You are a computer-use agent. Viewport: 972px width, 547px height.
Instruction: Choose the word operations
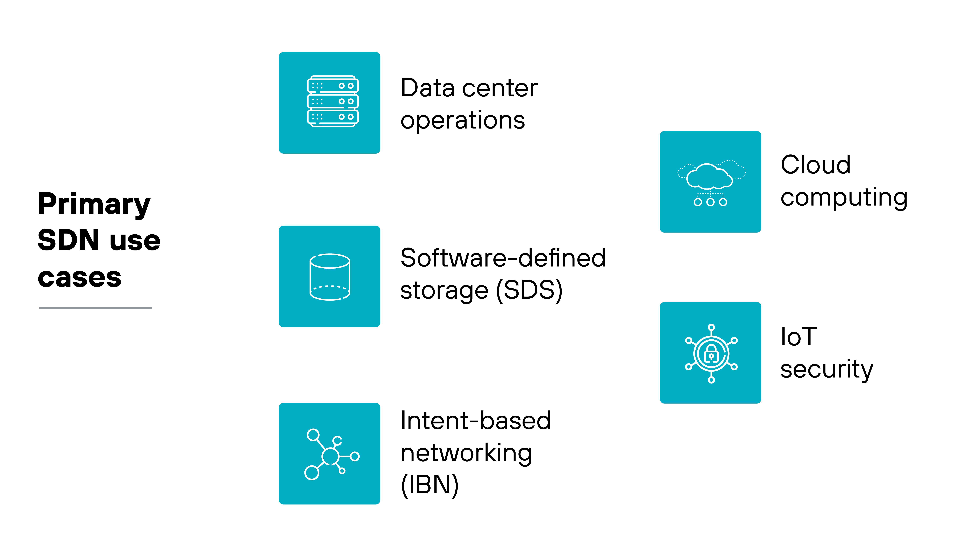point(463,121)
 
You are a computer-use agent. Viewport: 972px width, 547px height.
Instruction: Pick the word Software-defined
point(503,258)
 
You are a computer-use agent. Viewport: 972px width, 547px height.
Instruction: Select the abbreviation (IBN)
point(429,485)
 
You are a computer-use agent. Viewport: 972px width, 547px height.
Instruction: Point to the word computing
point(844,198)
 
